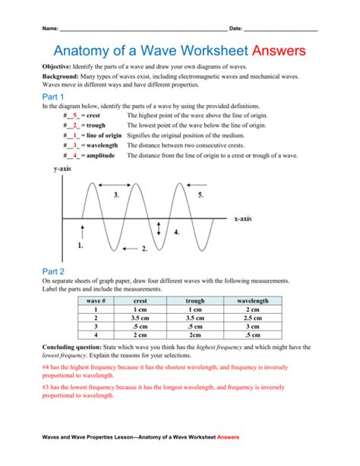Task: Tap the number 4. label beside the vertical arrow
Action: click(176, 232)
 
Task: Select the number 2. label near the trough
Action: click(144, 249)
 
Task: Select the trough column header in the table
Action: click(194, 301)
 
